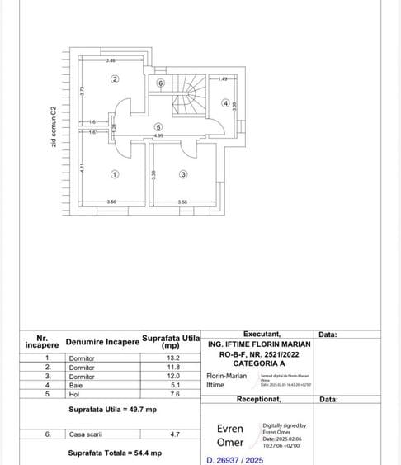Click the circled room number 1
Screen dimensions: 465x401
(x=114, y=173)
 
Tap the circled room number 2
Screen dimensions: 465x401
(x=115, y=78)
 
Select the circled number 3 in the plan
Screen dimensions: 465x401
(x=183, y=173)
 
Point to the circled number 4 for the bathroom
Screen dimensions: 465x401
(x=225, y=103)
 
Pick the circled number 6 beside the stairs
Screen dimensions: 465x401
(x=161, y=83)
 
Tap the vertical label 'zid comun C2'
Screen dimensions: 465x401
(x=54, y=127)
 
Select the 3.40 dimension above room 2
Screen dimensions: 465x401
(x=111, y=61)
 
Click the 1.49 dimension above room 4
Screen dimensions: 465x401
(x=223, y=78)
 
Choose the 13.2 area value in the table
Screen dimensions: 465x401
(x=172, y=358)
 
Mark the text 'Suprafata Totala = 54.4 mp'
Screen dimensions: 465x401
(x=114, y=453)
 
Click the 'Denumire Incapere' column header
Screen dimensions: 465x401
(x=102, y=341)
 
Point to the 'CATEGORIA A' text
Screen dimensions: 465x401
(x=259, y=363)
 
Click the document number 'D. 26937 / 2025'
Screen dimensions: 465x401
(x=234, y=460)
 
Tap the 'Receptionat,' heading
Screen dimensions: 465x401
(x=259, y=399)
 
